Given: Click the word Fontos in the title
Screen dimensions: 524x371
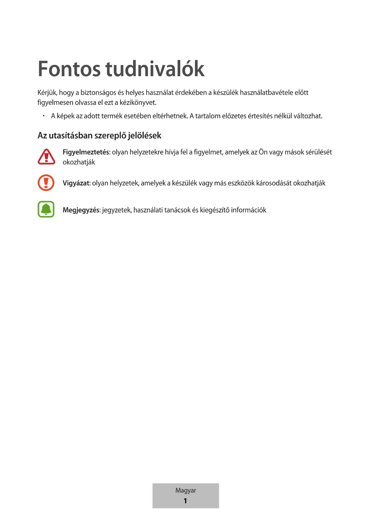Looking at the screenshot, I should (69, 69).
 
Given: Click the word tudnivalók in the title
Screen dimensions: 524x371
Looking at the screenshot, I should (155, 69).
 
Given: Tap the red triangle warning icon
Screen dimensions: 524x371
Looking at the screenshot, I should (46, 157).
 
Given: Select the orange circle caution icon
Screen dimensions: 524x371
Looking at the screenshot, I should (46, 183).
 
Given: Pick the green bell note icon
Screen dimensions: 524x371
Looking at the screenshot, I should (46, 209).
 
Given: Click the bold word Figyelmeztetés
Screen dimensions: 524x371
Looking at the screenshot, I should (86, 152).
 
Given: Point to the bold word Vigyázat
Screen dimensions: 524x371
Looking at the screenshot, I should (76, 183).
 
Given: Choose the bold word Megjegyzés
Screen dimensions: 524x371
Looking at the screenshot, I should (81, 210).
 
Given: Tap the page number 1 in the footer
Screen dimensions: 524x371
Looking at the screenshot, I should (185, 501).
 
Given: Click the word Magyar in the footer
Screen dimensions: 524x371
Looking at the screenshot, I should (186, 490).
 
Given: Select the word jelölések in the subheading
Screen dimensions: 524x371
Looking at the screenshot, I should (145, 136).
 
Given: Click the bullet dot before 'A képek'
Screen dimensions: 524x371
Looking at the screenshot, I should (44, 116).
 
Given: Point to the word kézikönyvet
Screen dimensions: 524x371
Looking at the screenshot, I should (138, 103).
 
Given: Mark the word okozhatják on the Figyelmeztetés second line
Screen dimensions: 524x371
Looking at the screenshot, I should (79, 162).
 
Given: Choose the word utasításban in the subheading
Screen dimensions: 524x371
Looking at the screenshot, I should (71, 136).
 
